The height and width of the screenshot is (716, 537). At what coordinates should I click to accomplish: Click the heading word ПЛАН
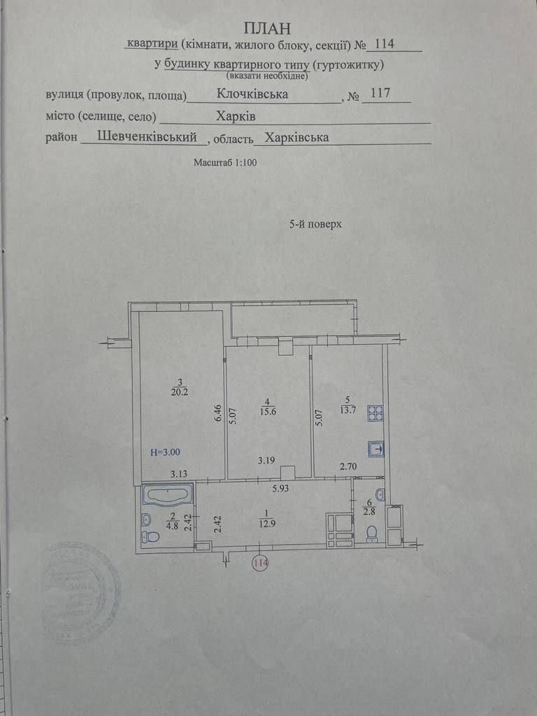tap(266, 27)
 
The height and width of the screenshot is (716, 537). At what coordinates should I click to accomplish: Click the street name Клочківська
tap(253, 93)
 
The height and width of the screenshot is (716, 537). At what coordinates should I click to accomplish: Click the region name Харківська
tap(297, 138)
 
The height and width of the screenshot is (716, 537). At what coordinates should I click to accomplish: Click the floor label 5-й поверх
tap(315, 224)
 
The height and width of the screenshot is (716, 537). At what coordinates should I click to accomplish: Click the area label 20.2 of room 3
tap(180, 392)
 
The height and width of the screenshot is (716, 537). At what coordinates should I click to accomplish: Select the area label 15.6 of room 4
tap(268, 411)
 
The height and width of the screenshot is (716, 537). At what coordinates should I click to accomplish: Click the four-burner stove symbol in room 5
tap(376, 414)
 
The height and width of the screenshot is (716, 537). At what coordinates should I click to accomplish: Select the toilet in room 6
tap(372, 534)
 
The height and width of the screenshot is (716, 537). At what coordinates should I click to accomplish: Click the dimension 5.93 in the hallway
tap(282, 489)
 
